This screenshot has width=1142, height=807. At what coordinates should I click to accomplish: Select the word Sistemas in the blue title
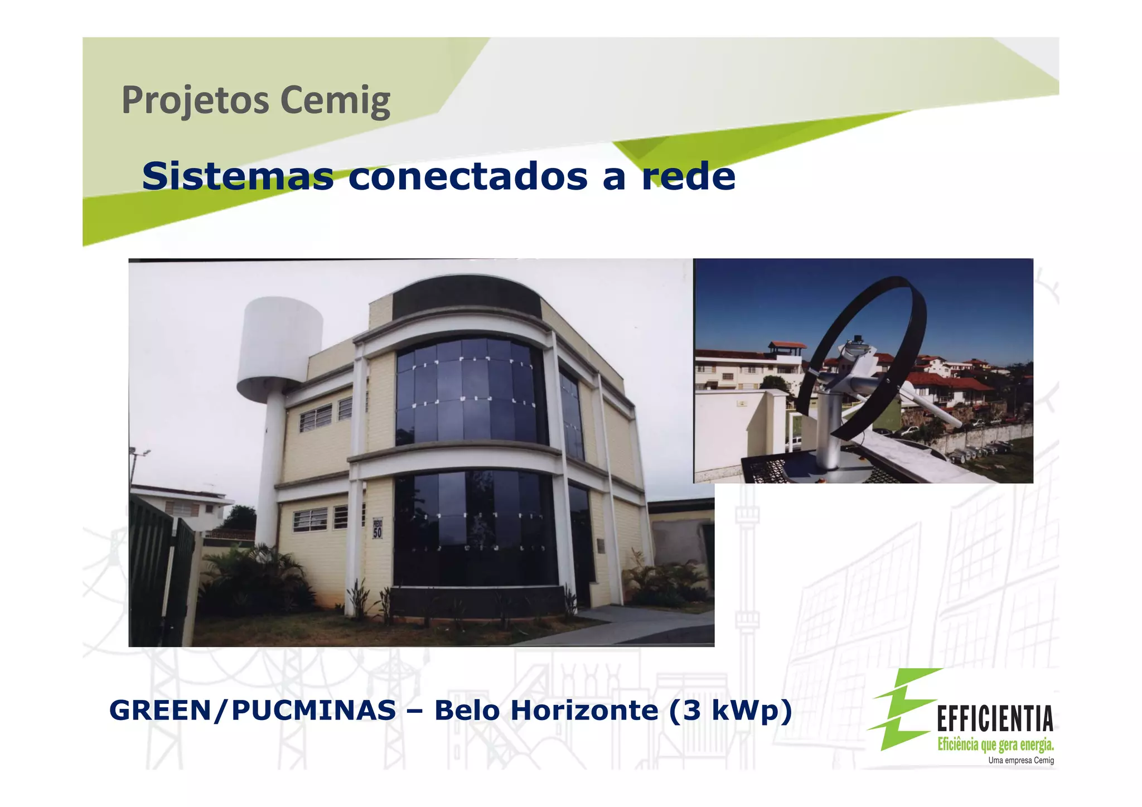238,176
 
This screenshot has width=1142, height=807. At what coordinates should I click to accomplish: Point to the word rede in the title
688,176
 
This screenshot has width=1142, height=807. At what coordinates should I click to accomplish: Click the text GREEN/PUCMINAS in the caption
252,711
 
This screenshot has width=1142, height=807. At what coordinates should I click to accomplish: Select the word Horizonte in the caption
584,711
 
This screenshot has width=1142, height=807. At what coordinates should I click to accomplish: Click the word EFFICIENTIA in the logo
995,718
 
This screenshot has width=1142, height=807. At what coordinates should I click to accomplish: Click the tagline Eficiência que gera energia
995,744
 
